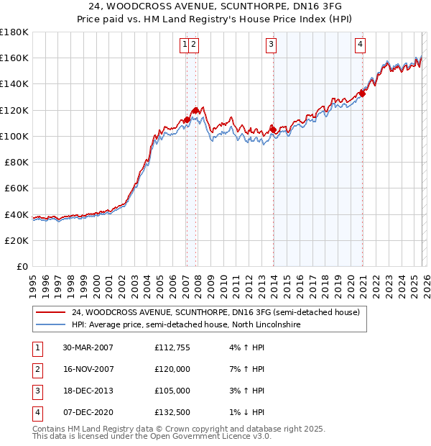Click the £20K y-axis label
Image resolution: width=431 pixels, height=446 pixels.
tap(16, 240)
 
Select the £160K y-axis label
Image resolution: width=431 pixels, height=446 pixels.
tap(14, 58)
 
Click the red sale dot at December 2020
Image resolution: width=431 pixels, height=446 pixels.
tap(363, 93)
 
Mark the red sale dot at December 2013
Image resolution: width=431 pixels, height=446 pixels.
tap(273, 129)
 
